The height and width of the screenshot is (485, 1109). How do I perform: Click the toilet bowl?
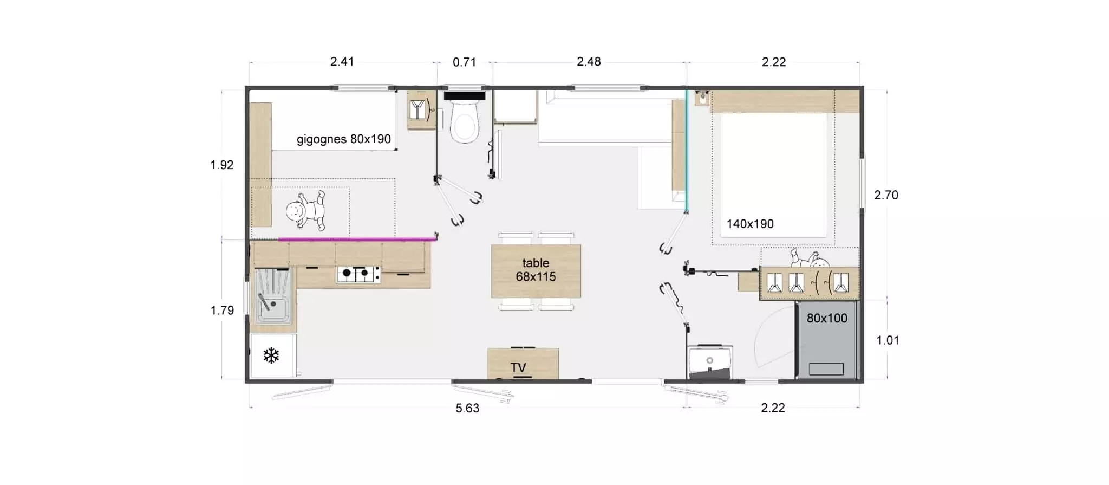tap(465, 122)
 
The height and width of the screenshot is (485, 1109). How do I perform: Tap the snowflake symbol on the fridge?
tap(271, 355)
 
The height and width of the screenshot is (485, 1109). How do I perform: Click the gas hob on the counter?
tap(358, 274)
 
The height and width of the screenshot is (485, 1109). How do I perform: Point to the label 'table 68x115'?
tap(536, 270)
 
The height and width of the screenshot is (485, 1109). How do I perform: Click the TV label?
tap(518, 368)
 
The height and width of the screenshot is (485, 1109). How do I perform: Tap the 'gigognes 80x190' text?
tap(344, 139)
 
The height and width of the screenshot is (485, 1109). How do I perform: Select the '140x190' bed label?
tap(750, 224)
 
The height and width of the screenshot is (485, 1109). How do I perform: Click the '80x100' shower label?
tap(827, 319)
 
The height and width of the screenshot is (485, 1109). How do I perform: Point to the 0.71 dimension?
tap(464, 62)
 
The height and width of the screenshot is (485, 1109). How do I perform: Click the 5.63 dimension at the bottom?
tap(467, 408)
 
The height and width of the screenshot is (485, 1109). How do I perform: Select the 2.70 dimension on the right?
tap(886, 195)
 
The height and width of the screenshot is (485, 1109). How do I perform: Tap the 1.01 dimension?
tap(888, 340)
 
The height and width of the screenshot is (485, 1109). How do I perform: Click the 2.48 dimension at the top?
tap(589, 62)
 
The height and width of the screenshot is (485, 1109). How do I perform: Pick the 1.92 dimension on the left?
tap(222, 165)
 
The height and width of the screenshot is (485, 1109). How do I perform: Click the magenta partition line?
tap(357, 238)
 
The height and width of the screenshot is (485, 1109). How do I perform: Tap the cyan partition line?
tap(686, 151)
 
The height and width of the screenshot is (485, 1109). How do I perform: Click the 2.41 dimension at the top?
tap(342, 62)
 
